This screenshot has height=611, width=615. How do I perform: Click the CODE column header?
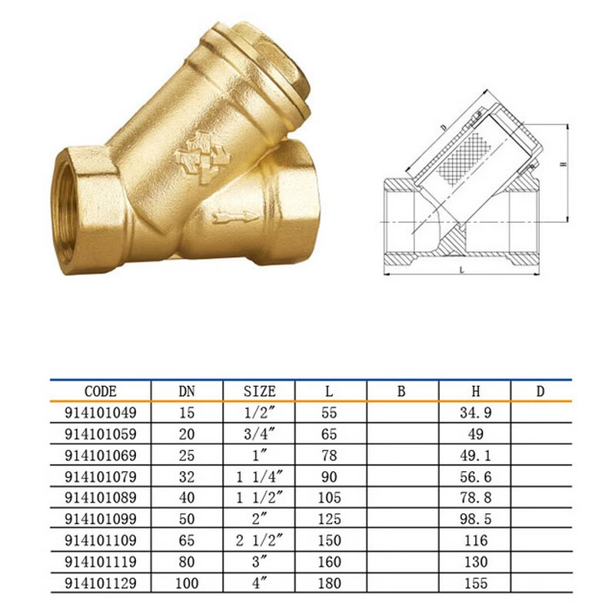101,391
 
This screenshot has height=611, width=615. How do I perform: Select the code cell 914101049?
101,413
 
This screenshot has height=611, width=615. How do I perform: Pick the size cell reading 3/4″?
258,434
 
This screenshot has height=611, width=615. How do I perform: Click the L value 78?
328,456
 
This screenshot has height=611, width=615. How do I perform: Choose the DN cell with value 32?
187,477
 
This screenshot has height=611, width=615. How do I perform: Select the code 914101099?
101,520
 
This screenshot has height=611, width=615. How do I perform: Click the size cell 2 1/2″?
258,541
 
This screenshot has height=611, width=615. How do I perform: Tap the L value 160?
328,563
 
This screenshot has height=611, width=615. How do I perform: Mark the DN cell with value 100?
187,583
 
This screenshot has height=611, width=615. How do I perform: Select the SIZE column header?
258,391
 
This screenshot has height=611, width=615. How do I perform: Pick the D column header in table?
540,391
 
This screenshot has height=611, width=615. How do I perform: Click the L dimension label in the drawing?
460,270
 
